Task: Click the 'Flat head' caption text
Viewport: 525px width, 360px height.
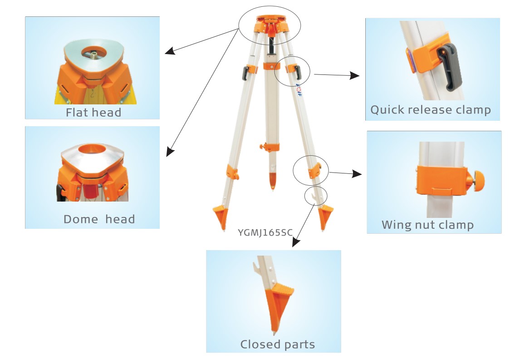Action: click(93, 112)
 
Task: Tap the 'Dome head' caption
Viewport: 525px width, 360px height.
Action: click(99, 219)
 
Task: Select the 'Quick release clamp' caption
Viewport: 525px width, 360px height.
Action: click(430, 110)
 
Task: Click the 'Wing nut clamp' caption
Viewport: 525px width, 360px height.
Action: click(427, 225)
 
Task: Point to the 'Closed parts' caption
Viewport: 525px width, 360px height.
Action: click(277, 344)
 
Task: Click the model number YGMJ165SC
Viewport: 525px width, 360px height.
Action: click(265, 233)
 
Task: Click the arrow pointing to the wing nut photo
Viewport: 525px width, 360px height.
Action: click(345, 173)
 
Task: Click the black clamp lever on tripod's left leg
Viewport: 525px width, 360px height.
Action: click(245, 71)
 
